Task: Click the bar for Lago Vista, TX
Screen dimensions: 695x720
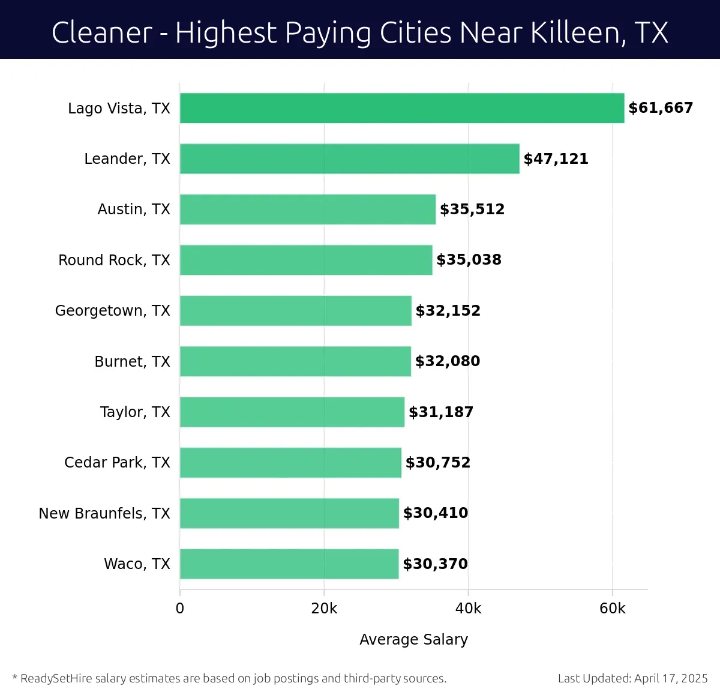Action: [x=402, y=108]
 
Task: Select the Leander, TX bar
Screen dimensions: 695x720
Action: [x=349, y=158]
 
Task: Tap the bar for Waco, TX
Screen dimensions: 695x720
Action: [x=289, y=564]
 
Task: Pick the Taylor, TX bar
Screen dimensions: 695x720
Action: [x=292, y=412]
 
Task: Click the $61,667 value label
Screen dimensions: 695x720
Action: [x=661, y=108]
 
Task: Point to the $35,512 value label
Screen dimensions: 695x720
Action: [x=472, y=209]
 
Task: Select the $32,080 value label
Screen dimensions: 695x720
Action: [x=448, y=361]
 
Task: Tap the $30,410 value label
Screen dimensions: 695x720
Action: [x=436, y=513]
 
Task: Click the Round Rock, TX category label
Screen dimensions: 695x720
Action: [x=114, y=260]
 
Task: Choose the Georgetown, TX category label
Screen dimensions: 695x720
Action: [x=112, y=311]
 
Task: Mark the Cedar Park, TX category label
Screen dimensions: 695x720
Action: [x=117, y=463]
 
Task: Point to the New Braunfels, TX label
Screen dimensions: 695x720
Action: [x=104, y=514]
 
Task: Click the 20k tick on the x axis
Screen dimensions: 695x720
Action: [x=324, y=609]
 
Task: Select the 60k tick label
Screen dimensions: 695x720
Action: [x=612, y=609]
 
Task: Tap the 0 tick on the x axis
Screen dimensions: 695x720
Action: [x=180, y=609]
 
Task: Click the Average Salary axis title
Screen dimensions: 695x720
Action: [x=413, y=640]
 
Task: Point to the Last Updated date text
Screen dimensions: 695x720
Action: [x=632, y=678]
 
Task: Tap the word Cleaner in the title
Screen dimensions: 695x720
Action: [x=102, y=32]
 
